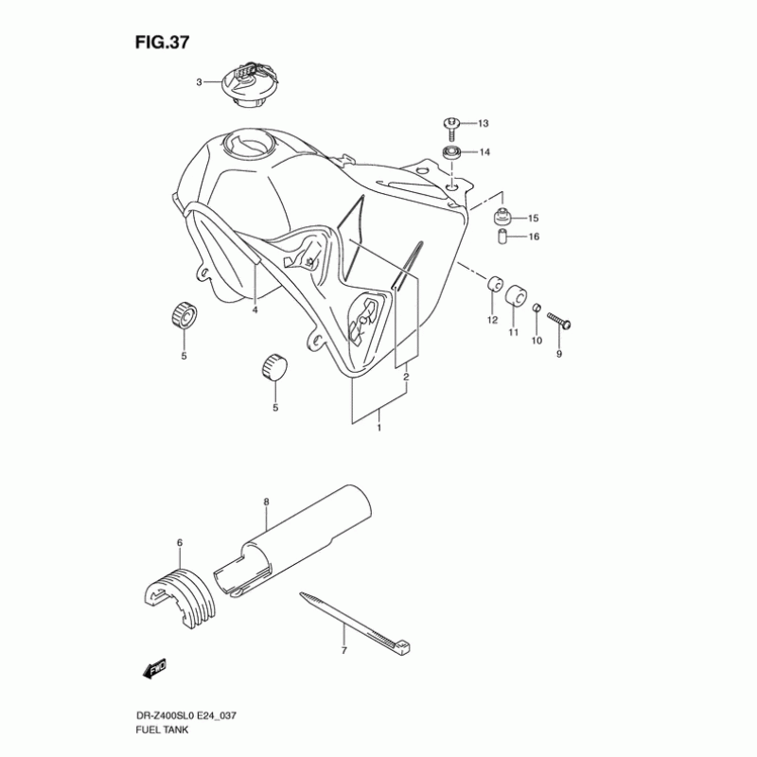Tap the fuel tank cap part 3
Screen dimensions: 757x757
248,85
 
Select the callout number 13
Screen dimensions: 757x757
483,124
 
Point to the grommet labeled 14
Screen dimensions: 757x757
453,152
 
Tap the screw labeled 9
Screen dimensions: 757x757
559,324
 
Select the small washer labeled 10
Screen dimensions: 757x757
536,311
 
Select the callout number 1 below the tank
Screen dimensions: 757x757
379,428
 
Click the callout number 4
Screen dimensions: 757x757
255,309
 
